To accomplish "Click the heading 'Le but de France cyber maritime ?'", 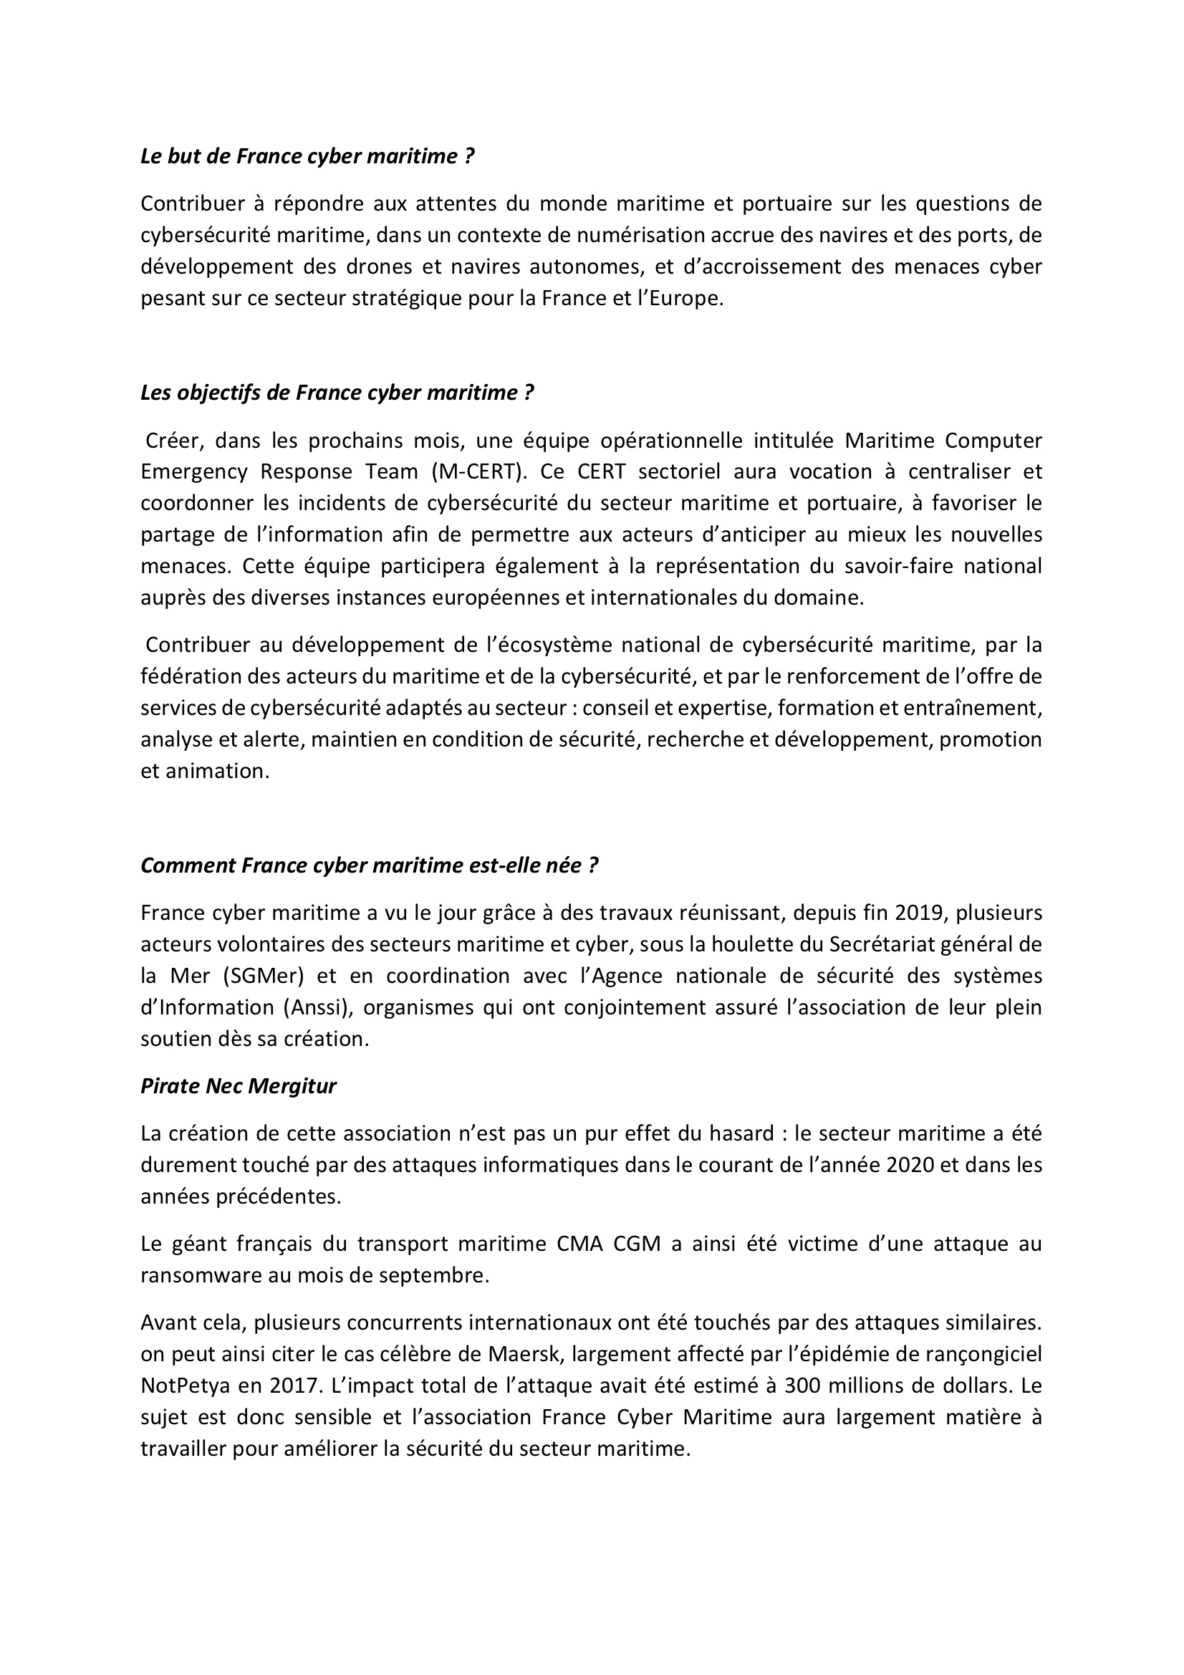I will coord(307,157).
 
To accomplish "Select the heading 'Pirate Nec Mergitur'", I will coord(239,1086).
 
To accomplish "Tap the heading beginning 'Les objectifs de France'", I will coord(337,393).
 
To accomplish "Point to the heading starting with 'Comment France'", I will coord(369,865).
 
